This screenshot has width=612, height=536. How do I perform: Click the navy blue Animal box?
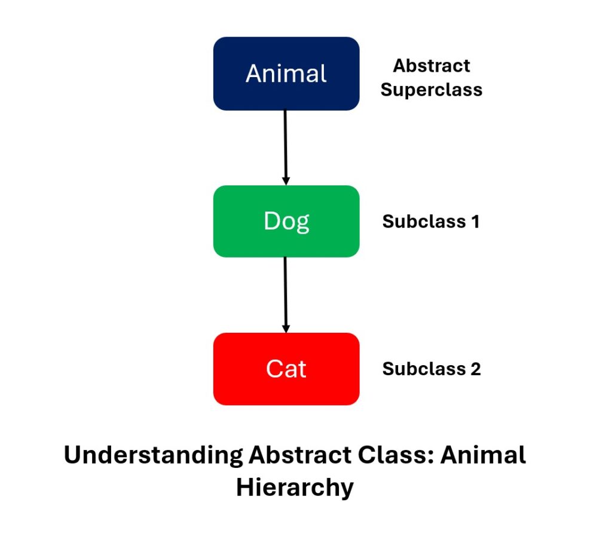point(286,73)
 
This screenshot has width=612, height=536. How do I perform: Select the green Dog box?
point(286,221)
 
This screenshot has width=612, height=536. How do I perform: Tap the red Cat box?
point(286,369)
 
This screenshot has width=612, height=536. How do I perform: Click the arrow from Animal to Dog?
point(285,148)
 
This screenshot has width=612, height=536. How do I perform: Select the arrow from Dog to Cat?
point(285,295)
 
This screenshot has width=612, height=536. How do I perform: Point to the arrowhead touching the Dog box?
point(286,181)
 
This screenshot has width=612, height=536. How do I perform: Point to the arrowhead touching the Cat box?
point(286,329)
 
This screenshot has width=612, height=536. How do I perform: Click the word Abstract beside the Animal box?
point(432,66)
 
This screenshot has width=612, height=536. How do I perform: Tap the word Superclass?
point(432,90)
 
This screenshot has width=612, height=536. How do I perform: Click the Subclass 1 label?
point(431,222)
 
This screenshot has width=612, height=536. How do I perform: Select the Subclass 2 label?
point(432,369)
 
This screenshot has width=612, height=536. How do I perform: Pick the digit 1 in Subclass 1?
point(475,222)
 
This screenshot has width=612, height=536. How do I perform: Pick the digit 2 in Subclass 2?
point(476,369)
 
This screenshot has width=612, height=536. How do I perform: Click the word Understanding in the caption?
point(154,456)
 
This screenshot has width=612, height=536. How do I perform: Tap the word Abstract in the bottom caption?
point(300,455)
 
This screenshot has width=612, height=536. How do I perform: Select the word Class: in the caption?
point(396,455)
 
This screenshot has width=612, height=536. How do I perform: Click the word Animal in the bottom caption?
point(483,455)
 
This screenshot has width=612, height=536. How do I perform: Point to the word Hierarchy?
point(295,488)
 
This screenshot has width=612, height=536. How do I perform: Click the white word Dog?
point(286,222)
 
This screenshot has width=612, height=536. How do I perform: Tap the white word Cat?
point(286,369)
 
